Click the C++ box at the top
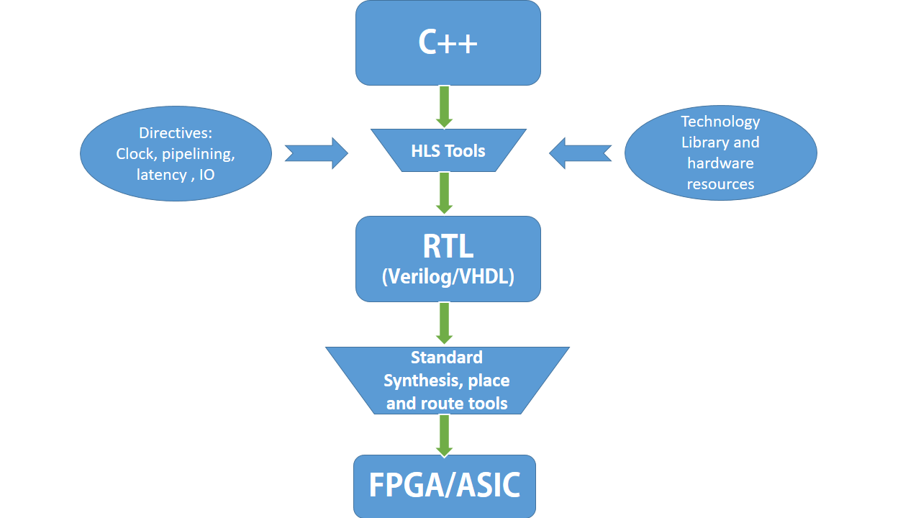[448, 43]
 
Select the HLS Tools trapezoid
[448, 151]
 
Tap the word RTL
[448, 247]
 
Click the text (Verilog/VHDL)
[448, 276]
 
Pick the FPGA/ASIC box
[445, 486]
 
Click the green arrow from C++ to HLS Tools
[444, 106]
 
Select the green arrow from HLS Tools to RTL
[444, 193]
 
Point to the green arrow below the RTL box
[444, 323]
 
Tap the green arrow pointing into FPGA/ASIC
[444, 435]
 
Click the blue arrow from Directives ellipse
[317, 153]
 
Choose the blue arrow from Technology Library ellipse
[580, 153]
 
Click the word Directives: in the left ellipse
[176, 132]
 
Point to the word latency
[161, 174]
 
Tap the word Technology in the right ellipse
[720, 122]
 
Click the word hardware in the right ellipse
[720, 163]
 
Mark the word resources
[720, 184]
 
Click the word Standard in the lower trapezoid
[446, 358]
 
